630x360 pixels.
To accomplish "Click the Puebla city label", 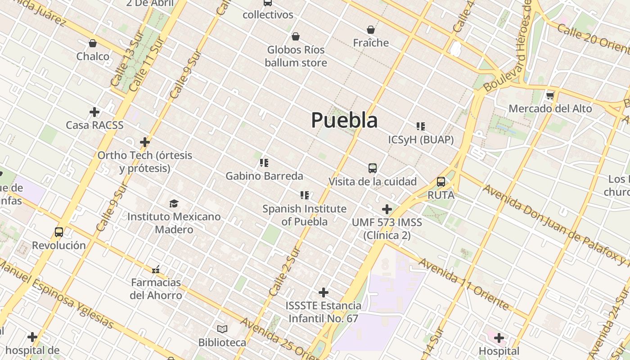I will coord(344,120).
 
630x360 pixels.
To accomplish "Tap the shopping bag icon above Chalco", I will coord(93,43).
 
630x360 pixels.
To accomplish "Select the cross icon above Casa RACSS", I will coord(94,112).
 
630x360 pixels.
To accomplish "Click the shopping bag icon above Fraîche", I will coord(371,30).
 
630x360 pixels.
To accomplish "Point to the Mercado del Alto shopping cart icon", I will coord(550,95).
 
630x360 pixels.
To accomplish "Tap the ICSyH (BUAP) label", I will coord(421,139).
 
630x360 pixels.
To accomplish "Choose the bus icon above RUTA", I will coord(441,182).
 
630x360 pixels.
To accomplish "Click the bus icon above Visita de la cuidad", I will coord(373,168).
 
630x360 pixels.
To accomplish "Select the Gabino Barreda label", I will coord(264,175).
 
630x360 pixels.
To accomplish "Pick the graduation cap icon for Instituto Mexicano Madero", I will coord(174,203).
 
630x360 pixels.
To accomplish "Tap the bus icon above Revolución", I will coord(59,232).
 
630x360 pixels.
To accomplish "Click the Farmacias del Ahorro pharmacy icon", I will coord(156,270).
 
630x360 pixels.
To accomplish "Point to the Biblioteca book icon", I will coord(222,329).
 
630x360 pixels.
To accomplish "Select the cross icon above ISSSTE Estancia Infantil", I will coord(323,292).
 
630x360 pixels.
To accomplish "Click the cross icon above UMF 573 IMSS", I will coord(387,209).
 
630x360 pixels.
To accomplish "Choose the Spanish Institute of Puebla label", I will coord(305,215).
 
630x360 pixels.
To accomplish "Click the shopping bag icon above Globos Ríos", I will coord(296,36).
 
